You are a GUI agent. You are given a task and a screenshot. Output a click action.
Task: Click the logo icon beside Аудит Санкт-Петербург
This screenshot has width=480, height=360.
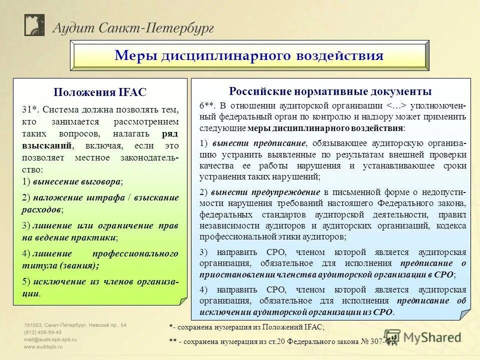click(35, 25)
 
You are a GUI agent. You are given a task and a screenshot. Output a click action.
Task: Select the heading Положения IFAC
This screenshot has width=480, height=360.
click(100, 92)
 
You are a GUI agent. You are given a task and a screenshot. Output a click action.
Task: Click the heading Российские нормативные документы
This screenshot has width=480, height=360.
click(330, 91)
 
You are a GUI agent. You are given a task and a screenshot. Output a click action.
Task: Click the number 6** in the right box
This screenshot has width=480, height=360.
click(207, 105)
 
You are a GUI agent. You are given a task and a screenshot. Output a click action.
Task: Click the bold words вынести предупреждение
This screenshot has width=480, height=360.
click(265, 192)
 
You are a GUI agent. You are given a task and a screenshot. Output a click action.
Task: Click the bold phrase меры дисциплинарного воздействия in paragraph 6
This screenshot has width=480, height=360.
click(325, 127)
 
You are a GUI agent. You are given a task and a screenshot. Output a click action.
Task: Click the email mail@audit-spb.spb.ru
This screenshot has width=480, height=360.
click(50, 338)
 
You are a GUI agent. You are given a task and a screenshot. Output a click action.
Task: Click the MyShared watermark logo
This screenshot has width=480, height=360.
click(425, 338)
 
